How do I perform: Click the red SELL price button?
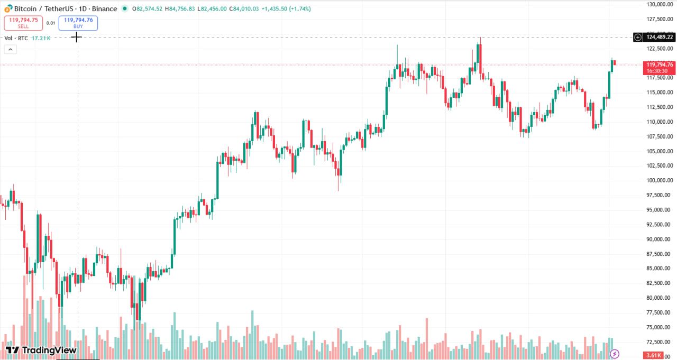pyautogui.click(x=23, y=23)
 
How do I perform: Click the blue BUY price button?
pyautogui.click(x=78, y=23)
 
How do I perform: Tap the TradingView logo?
pyautogui.click(x=41, y=350)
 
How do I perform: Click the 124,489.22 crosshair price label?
pyautogui.click(x=659, y=37)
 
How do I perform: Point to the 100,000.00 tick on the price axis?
pyautogui.click(x=659, y=180)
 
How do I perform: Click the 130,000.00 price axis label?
pyautogui.click(x=659, y=5)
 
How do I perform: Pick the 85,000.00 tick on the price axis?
pyautogui.click(x=659, y=269)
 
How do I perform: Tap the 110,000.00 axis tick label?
pyautogui.click(x=659, y=122)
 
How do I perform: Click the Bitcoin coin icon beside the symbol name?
pyautogui.click(x=8, y=8)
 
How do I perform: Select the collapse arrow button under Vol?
pyautogui.click(x=11, y=49)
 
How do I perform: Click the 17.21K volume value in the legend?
pyautogui.click(x=41, y=38)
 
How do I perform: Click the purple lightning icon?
pyautogui.click(x=615, y=354)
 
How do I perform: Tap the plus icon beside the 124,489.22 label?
pyautogui.click(x=638, y=37)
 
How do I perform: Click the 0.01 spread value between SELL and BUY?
pyautogui.click(x=51, y=23)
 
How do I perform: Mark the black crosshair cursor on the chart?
pyautogui.click(x=77, y=36)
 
